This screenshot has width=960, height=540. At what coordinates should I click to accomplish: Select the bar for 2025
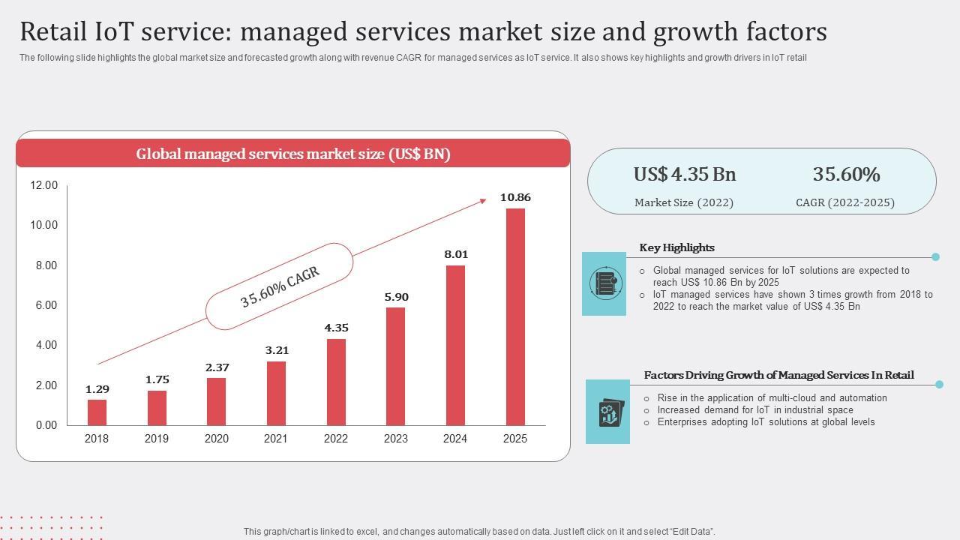515,316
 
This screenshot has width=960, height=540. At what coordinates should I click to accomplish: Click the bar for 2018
97,412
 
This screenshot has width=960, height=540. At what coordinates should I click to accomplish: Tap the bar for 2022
336,382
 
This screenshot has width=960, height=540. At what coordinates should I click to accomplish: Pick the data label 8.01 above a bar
456,254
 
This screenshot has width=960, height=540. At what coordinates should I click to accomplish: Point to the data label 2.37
217,367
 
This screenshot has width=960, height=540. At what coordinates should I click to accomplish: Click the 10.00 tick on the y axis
43,225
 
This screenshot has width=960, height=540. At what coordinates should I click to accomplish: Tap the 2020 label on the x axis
216,439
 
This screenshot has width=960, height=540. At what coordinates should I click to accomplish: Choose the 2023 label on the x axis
395,439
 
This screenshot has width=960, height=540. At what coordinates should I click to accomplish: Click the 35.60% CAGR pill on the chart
280,286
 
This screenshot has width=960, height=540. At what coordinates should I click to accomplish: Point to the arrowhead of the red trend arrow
482,200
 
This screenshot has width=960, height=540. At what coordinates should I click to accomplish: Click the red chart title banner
292,154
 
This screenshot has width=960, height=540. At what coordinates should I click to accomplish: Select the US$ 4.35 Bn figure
685,175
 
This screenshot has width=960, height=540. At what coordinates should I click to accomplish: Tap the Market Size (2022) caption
684,202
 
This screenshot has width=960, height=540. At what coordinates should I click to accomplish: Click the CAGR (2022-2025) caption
845,202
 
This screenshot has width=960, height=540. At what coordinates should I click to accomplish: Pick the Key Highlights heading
676,247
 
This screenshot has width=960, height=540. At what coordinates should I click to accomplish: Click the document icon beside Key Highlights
604,283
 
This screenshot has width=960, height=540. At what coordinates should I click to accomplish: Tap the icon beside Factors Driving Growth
607,412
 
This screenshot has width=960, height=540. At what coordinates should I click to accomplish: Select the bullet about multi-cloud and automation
772,398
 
